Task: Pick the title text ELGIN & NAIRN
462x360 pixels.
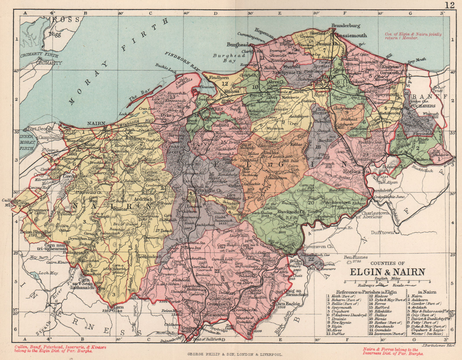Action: point(387,272)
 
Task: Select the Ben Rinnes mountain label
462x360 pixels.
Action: point(355,257)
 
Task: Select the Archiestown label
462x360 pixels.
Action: point(337,202)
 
